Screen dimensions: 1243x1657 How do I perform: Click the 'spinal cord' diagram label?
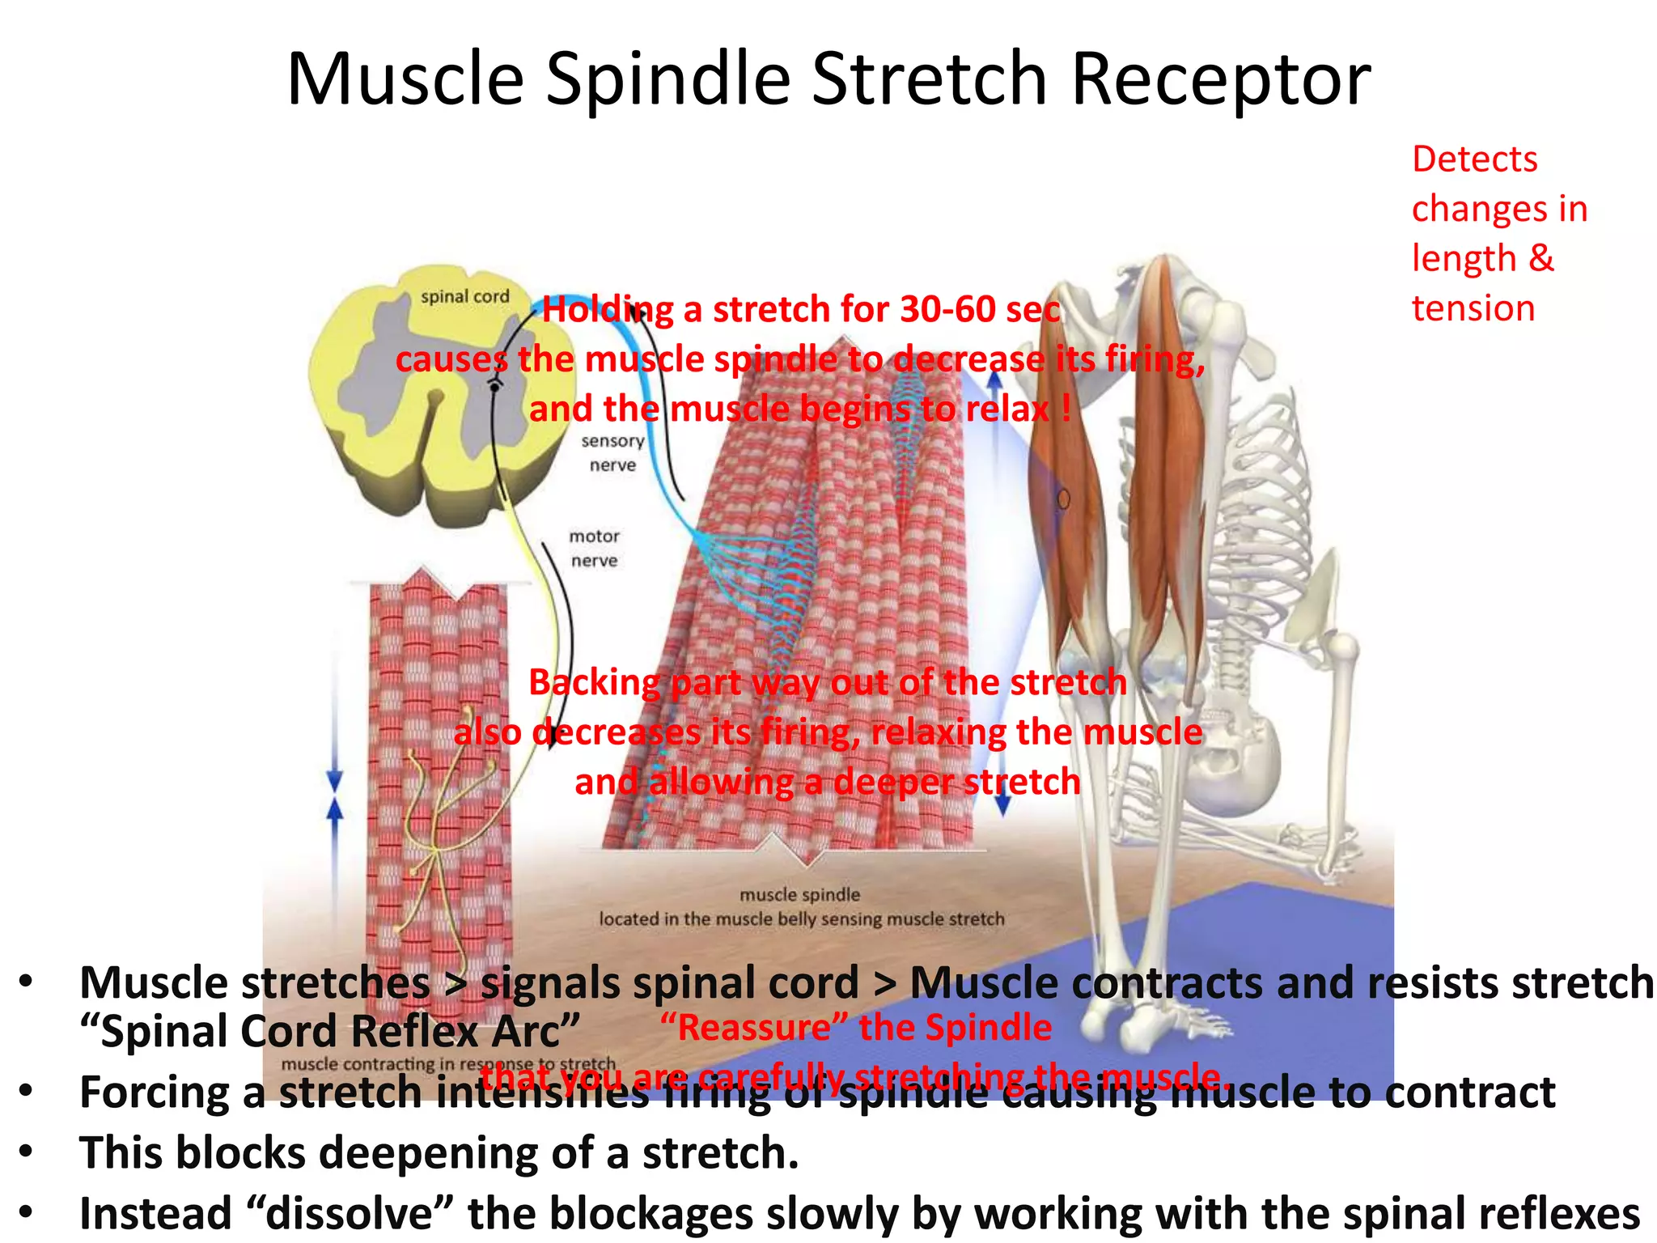click(464, 297)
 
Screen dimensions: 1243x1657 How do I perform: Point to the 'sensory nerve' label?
click(612, 452)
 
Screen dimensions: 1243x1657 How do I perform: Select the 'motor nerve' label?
click(594, 548)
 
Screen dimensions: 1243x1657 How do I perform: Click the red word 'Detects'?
click(1474, 159)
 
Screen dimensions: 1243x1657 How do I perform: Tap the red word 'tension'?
click(1473, 308)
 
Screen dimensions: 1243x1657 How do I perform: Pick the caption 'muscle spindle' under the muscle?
click(799, 894)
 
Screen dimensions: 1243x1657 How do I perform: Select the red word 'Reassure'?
click(753, 1028)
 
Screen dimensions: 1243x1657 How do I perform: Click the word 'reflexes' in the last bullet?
click(1558, 1213)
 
